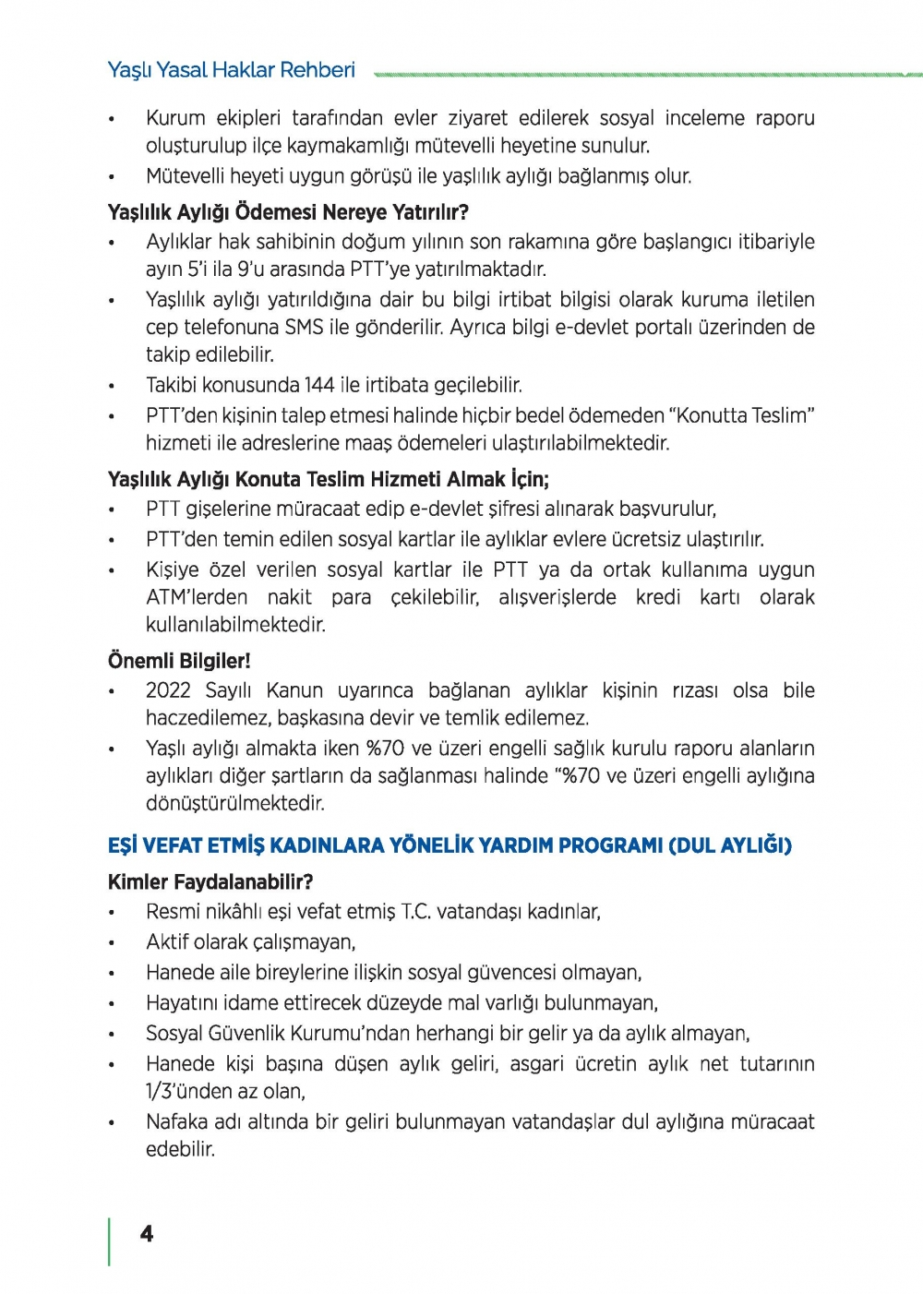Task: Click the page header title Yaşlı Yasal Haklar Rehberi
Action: [x=231, y=70]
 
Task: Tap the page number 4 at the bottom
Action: [x=147, y=1234]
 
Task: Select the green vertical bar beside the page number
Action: [x=110, y=1241]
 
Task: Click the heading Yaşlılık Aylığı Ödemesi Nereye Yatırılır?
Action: [x=288, y=212]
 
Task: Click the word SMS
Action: [x=304, y=327]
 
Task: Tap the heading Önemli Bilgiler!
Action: [x=179, y=661]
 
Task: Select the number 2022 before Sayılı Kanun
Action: [x=168, y=690]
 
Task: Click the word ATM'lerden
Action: [x=197, y=597]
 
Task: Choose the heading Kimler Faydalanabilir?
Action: [x=210, y=881]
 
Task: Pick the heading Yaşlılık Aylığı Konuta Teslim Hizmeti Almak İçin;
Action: [x=329, y=479]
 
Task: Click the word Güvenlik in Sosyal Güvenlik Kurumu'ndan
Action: [x=249, y=1034]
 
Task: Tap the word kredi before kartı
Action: [x=658, y=597]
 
